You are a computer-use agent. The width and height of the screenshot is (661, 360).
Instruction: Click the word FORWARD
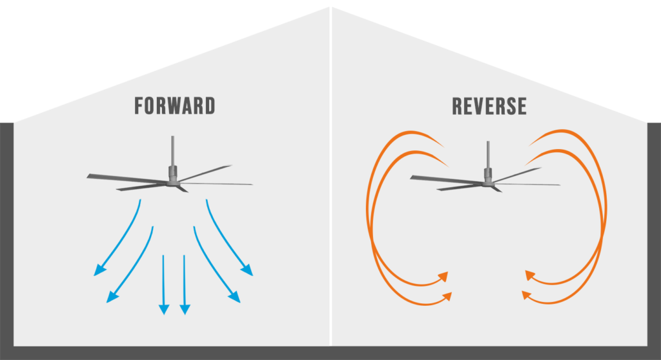(x=174, y=106)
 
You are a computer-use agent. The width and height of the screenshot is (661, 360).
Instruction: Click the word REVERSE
(x=489, y=106)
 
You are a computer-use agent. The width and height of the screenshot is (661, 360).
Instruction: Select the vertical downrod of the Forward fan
(x=173, y=151)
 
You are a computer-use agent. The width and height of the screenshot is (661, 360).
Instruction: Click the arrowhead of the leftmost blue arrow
(x=99, y=270)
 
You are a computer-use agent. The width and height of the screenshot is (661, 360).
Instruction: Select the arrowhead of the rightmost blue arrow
(x=247, y=270)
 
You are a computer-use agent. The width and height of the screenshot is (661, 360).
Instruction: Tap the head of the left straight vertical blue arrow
(x=163, y=309)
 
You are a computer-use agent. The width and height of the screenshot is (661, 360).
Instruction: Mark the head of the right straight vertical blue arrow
(x=185, y=309)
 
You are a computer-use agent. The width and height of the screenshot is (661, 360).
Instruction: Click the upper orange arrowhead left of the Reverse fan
(x=443, y=276)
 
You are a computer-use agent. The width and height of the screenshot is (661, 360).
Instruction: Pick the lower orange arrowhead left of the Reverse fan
(x=447, y=296)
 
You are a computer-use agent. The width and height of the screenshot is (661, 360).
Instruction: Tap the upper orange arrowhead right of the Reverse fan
(x=530, y=276)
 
